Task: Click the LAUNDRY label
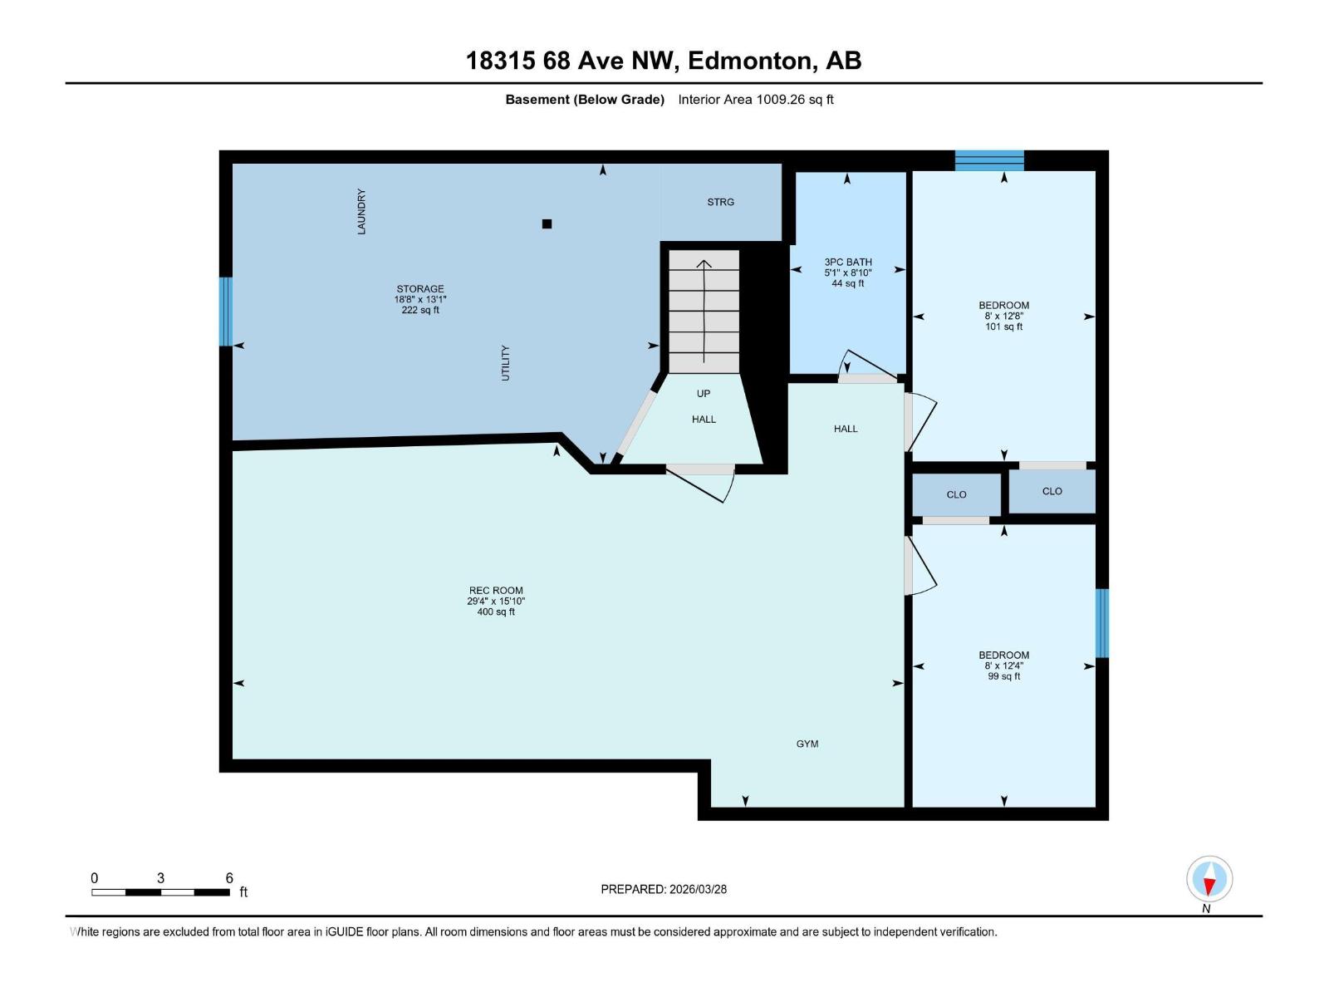[361, 212]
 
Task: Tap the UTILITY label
[505, 363]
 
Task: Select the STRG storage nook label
[720, 202]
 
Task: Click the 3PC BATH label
[847, 262]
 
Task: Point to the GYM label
[807, 744]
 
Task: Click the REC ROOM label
[496, 591]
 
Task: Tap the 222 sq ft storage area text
[419, 310]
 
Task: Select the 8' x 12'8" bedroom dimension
[1003, 316]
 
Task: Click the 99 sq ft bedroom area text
[1003, 676]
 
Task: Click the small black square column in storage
[547, 223]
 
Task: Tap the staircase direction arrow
[704, 312]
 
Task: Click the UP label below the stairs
[704, 393]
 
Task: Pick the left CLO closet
[956, 494]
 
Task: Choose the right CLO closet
[1052, 491]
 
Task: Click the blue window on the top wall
[988, 160]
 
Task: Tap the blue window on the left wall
[225, 312]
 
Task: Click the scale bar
[160, 892]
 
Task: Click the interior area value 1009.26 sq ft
[794, 100]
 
